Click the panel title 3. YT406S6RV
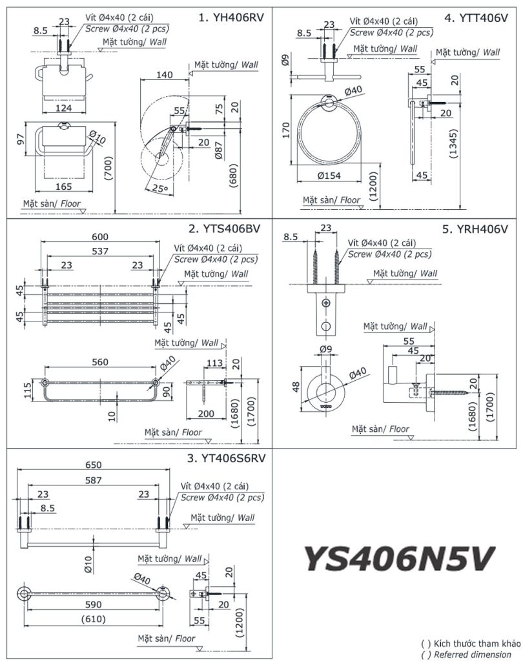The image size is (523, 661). click(225, 459)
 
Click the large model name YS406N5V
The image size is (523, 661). click(399, 557)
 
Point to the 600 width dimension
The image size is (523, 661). click(100, 237)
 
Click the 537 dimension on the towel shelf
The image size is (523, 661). click(100, 251)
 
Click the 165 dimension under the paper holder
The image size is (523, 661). click(63, 187)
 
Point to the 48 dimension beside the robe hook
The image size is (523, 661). click(296, 386)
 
